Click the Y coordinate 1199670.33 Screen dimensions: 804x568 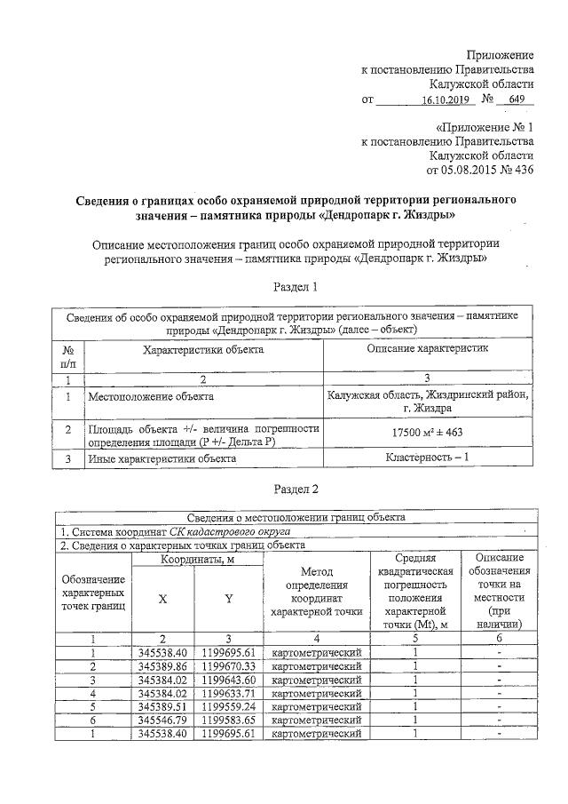point(228,665)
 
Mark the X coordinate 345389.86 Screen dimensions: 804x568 point(162,665)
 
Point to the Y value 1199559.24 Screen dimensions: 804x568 point(228,706)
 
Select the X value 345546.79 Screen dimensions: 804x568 point(162,720)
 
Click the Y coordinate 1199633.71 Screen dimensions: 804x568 point(228,693)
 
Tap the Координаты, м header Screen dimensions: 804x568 point(197,560)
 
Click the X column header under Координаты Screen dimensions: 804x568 point(162,599)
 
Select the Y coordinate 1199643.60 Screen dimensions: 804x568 point(228,680)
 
